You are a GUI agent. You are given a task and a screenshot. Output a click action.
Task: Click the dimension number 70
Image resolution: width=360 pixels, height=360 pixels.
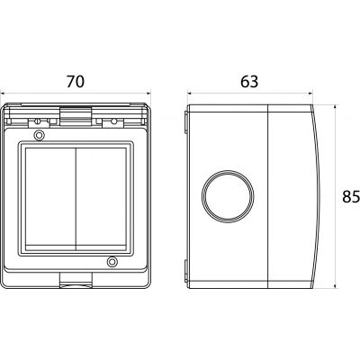click(x=76, y=81)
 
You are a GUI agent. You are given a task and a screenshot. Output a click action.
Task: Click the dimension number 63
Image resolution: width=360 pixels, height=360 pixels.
click(x=249, y=81)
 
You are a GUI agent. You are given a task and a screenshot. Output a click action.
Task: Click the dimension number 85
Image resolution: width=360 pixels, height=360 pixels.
click(x=351, y=197)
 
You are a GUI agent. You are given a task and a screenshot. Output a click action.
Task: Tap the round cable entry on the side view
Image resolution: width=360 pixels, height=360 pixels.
click(x=228, y=196)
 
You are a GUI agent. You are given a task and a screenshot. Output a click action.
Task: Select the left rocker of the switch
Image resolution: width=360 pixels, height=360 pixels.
click(x=50, y=199)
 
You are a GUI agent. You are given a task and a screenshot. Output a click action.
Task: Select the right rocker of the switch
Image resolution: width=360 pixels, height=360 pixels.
click(x=101, y=199)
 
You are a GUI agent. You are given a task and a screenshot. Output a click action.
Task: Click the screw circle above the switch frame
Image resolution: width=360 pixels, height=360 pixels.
click(x=39, y=135)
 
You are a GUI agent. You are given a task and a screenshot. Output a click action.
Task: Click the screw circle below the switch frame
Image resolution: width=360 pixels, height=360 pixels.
click(x=112, y=262)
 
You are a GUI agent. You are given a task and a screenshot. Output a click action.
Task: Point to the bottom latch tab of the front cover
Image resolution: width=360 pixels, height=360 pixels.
click(x=76, y=280)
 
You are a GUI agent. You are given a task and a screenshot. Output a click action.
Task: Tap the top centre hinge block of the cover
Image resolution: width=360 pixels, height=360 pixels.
click(x=76, y=115)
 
